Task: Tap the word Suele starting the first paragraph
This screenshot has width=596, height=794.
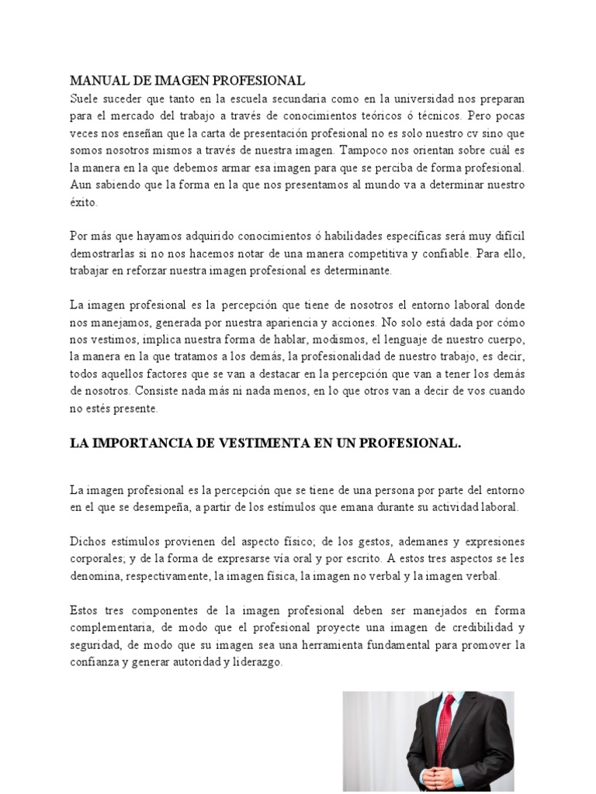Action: pyautogui.click(x=85, y=98)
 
